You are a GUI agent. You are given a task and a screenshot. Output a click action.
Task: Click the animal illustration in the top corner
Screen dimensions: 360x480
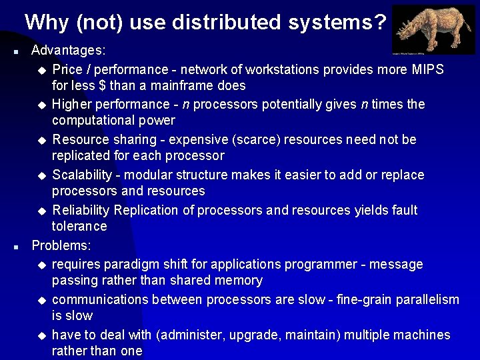point(433,29)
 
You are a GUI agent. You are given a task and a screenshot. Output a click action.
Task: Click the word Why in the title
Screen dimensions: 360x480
point(47,23)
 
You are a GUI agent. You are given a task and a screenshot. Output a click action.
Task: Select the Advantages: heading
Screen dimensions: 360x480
point(69,50)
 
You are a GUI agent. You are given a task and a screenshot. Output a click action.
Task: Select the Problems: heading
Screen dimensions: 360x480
point(61,245)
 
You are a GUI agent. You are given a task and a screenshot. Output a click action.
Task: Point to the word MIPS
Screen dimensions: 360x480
point(427,69)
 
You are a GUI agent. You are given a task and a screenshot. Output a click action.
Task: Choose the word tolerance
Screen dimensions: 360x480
point(79,226)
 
